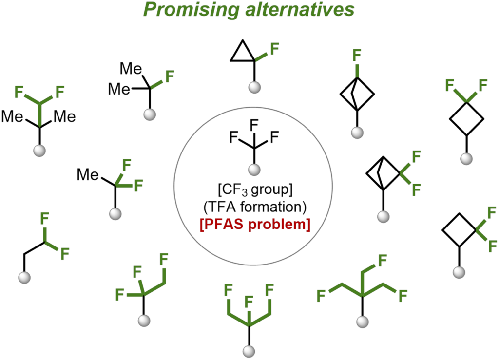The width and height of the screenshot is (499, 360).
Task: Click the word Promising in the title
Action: click(x=191, y=10)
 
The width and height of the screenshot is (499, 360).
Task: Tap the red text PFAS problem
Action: click(x=255, y=225)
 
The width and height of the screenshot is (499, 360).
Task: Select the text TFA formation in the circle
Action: click(x=255, y=207)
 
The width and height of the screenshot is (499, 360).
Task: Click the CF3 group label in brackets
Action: click(x=255, y=190)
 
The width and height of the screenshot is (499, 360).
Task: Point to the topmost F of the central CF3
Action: click(x=254, y=125)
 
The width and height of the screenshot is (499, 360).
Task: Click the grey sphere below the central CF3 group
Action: click(x=254, y=170)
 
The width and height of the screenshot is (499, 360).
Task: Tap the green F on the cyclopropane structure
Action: click(x=274, y=49)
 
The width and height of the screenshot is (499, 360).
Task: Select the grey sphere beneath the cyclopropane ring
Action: click(x=254, y=87)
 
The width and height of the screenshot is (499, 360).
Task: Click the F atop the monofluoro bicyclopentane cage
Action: click(x=357, y=55)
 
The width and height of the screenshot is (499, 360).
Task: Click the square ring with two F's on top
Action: click(x=466, y=119)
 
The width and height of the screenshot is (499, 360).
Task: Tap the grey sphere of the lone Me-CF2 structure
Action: click(x=115, y=213)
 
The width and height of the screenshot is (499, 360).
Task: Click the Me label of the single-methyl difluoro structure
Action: click(x=88, y=174)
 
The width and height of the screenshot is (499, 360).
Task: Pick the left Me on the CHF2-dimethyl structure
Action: click(x=12, y=116)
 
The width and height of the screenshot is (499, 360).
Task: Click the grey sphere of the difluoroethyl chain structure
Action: click(x=24, y=277)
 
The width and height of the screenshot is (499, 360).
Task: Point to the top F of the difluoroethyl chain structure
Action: click(x=44, y=219)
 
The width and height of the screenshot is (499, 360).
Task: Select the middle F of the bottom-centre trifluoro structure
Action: click(x=249, y=302)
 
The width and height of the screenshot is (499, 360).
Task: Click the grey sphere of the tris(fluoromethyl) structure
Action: click(x=362, y=322)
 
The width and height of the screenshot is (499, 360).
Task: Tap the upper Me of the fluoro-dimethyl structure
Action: click(x=131, y=69)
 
